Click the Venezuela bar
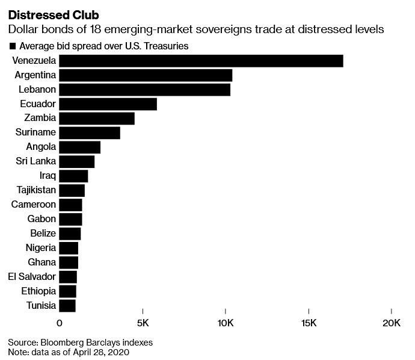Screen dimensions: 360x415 [201, 61]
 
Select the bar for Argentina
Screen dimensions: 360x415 [146, 75]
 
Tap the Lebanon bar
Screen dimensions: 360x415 [144, 90]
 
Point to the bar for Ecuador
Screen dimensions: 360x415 [108, 104]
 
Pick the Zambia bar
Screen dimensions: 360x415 [97, 119]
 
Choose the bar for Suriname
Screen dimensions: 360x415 [90, 133]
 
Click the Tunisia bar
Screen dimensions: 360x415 [67, 306]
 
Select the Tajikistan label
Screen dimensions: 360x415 [33, 190]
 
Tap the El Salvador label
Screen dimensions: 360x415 [32, 277]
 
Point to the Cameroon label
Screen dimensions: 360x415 [34, 205]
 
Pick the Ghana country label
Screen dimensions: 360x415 [41, 262]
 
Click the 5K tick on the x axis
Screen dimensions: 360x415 [143, 323]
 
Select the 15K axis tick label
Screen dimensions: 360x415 [309, 323]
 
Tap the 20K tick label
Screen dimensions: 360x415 [392, 323]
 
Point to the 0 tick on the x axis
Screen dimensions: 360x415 [60, 323]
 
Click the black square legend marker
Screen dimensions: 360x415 [12, 46]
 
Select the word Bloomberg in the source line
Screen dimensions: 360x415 [64, 342]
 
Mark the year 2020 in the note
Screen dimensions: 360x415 [118, 352]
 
